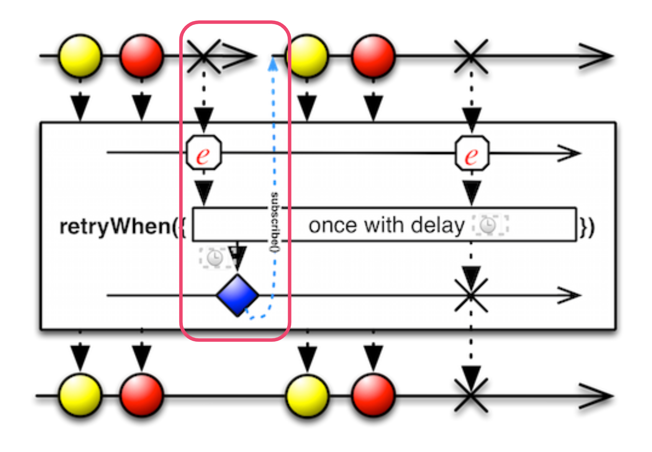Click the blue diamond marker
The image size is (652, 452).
click(238, 295)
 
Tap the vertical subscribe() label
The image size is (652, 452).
click(275, 222)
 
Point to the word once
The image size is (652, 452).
click(333, 226)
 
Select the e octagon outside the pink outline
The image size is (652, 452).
click(472, 153)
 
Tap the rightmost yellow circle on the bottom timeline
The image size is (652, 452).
click(307, 396)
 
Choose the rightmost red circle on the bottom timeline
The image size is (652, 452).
click(374, 396)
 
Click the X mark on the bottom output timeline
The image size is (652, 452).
click(471, 395)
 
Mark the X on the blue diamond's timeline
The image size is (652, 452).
click(471, 296)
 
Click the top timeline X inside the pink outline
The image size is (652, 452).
click(204, 56)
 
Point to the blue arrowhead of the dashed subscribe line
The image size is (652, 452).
click(273, 64)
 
